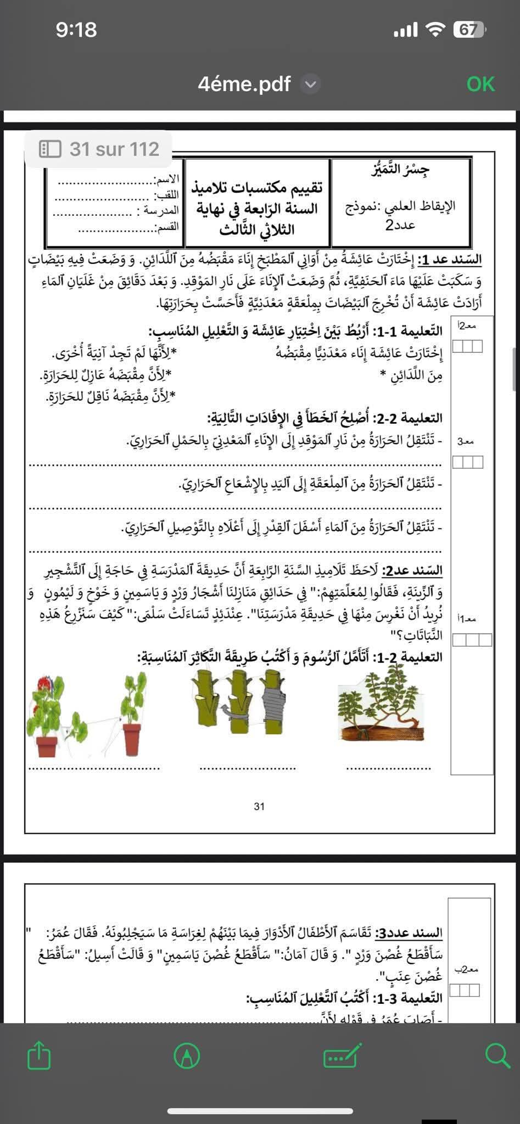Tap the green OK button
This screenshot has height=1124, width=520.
point(480,85)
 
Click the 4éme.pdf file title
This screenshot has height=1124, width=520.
point(244,85)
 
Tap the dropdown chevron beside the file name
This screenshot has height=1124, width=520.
point(311,85)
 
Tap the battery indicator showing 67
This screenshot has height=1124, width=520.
point(468,30)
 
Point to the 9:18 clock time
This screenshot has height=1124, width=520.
point(76,30)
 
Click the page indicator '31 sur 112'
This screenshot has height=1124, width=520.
point(99,149)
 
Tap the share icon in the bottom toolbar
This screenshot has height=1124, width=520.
point(39,1055)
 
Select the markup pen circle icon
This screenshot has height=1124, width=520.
point(187,1055)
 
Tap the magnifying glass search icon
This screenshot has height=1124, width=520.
point(497,1055)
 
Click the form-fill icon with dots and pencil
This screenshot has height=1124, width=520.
point(342,1055)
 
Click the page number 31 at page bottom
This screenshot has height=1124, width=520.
point(259,806)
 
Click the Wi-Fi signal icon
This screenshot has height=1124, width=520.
point(435,30)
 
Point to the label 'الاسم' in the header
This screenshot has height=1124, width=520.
point(166,179)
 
